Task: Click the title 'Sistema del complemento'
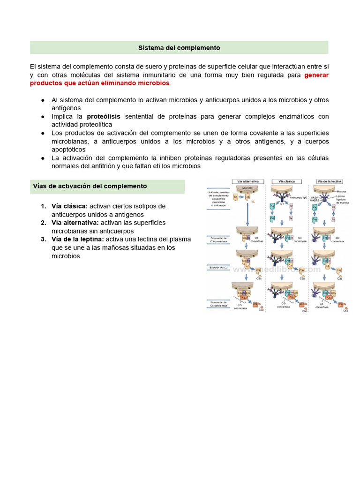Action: (179, 48)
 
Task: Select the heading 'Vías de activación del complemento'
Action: (90, 186)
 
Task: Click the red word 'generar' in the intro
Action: (316, 75)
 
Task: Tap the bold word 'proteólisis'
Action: (104, 116)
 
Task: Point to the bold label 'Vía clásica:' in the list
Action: (69, 206)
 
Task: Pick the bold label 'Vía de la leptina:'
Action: (78, 239)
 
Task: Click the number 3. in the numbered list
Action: (43, 239)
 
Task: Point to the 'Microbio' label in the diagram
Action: (247, 187)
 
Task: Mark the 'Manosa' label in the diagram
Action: (341, 191)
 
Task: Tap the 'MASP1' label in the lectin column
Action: (314, 197)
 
